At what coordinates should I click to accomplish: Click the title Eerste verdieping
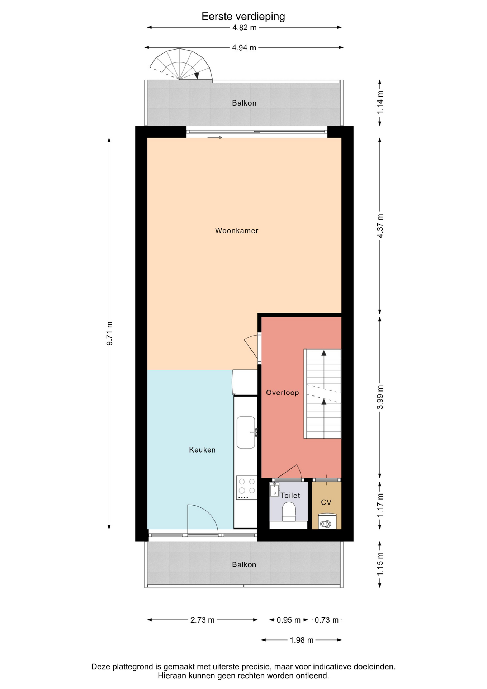pos(243,17)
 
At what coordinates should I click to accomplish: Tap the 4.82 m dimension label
pos(245,28)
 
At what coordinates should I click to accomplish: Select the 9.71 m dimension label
pos(109,334)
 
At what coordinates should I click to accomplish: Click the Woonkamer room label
pos(237,231)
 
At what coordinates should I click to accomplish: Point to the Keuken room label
pos(202,450)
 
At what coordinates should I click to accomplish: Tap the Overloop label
pos(283,393)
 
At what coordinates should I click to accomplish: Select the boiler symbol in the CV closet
pos(327,521)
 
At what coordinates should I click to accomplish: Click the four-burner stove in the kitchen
pos(247,487)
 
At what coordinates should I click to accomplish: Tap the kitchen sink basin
pos(246,432)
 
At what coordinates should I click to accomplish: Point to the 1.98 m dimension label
pos(302,640)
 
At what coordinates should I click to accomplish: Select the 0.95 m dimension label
pos(288,620)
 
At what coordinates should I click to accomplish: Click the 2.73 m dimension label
pos(202,620)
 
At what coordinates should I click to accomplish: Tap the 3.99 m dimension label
pos(380,397)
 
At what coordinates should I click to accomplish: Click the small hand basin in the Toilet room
pos(274,490)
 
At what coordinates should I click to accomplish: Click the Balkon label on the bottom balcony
pos(244,564)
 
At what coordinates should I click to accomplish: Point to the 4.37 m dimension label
pos(380,226)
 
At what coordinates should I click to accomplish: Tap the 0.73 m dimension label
pos(327,620)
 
